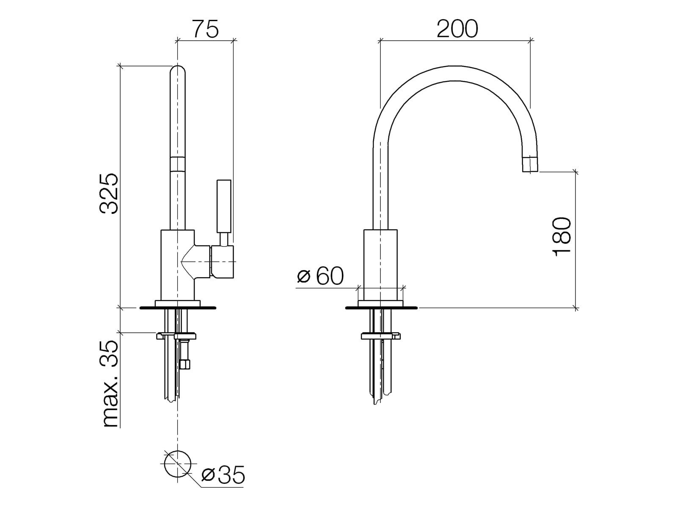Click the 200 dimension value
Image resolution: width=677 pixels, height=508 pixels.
457,29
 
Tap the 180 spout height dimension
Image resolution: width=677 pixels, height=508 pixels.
562,237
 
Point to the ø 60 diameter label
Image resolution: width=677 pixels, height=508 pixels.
321,276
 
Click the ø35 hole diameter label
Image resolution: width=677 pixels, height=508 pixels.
223,475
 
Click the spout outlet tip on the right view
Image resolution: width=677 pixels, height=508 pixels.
530,164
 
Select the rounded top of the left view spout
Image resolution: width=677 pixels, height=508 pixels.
178,73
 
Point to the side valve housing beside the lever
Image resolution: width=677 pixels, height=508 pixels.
223,262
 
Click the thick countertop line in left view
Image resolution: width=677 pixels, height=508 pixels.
178,308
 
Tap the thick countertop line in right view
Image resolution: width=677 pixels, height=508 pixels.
381,308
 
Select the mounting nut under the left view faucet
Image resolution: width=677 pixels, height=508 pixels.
176,336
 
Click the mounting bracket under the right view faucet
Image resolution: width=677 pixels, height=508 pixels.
380,337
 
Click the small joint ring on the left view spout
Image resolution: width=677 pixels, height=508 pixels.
178,163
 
